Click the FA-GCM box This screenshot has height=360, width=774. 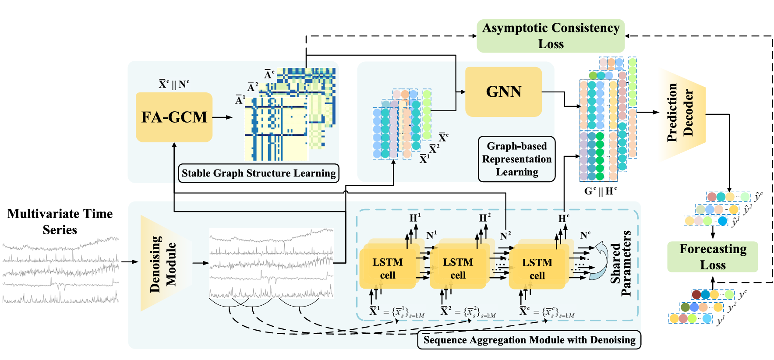pos(174,117)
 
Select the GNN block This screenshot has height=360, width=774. pos(503,92)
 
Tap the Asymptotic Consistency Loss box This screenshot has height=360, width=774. pos(551,36)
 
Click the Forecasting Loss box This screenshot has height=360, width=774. pos(713,257)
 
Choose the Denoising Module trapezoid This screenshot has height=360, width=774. pos(164,264)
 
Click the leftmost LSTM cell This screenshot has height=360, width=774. pos(388,268)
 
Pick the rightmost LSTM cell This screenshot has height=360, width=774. pos(537,269)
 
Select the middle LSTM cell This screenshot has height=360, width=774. pos(458,268)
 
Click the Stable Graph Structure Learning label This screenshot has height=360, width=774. pos(258,173)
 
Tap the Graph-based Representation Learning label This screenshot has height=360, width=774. pos(517,159)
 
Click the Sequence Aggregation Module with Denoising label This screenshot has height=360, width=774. pos(529,340)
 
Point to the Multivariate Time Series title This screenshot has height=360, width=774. pos(60,222)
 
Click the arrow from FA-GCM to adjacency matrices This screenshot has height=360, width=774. pos(223,117)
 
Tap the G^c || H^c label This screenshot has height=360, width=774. pos(600,191)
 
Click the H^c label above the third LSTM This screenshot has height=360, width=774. pos(564,218)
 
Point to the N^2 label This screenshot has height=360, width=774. pos(505,236)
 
